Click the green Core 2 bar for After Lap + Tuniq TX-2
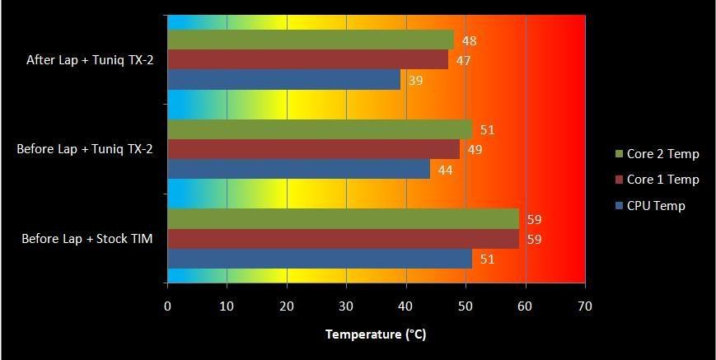click(310, 40)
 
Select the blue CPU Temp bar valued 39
click(283, 80)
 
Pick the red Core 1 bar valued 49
click(313, 149)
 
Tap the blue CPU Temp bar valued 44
click(298, 169)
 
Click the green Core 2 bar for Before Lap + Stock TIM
click(343, 219)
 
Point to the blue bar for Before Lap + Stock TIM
click(320, 259)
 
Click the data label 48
click(470, 41)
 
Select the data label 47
click(464, 61)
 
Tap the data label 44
click(446, 170)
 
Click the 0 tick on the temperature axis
click(167, 306)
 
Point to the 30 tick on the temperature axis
click(346, 306)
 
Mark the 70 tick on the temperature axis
click(585, 306)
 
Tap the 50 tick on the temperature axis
click(466, 306)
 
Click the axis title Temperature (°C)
click(376, 334)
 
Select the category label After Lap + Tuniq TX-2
click(91, 59)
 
